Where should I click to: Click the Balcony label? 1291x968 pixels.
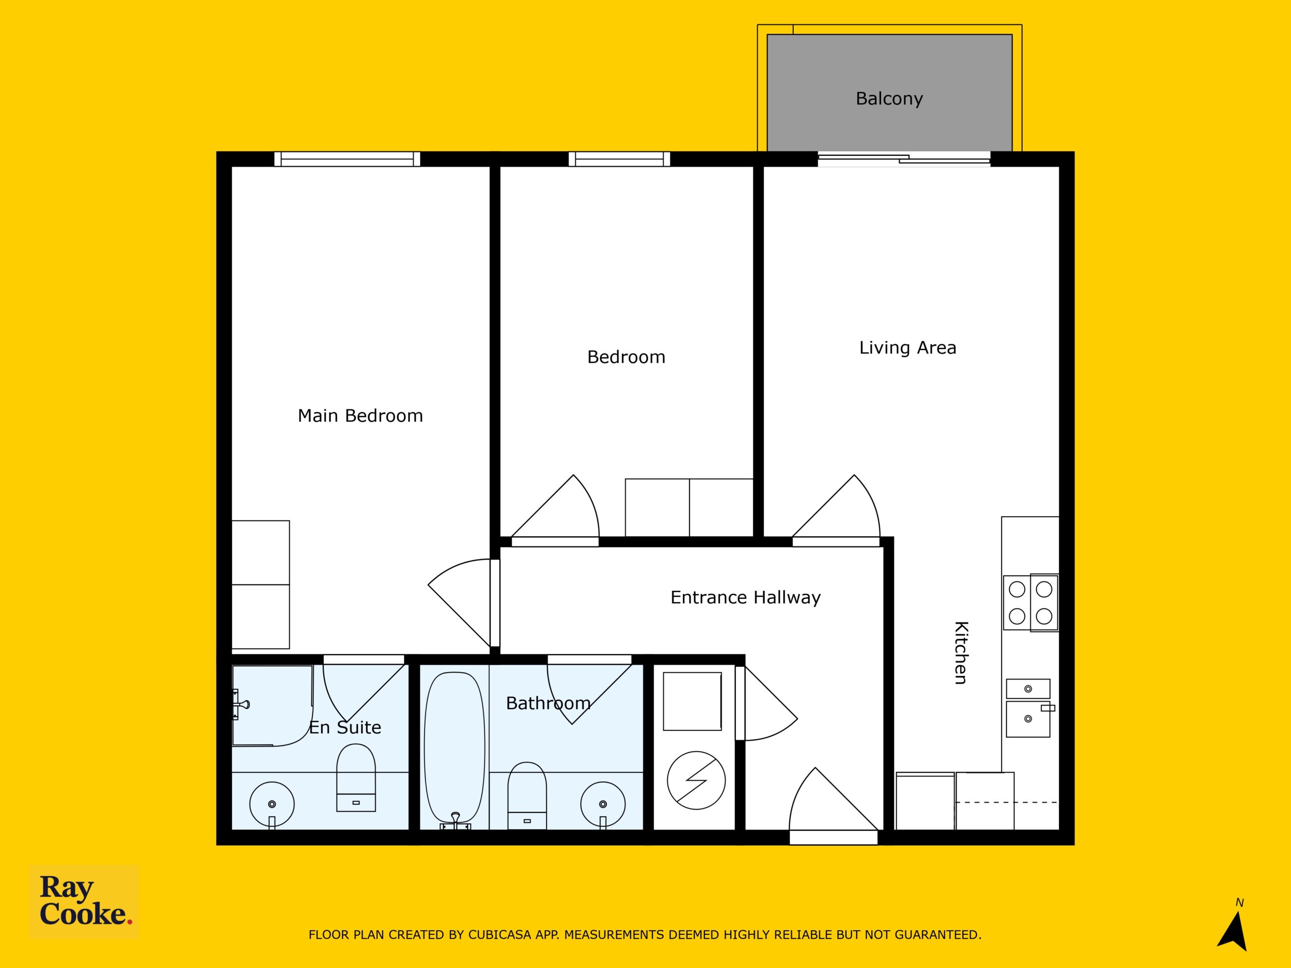(x=889, y=99)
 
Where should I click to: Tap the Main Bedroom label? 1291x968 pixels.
(x=360, y=415)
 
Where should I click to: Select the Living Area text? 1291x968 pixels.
(x=908, y=348)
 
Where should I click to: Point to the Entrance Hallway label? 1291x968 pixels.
(x=745, y=597)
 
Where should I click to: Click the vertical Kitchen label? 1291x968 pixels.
(x=961, y=652)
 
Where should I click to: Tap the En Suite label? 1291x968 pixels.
(x=345, y=728)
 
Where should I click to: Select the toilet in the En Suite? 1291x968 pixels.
(x=356, y=778)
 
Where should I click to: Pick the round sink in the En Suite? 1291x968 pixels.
(x=272, y=805)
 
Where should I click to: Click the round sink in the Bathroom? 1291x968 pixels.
(x=603, y=805)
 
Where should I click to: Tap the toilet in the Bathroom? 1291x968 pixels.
(x=527, y=795)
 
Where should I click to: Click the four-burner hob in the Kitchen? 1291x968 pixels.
(x=1031, y=603)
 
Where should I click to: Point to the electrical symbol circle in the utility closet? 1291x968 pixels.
(x=696, y=780)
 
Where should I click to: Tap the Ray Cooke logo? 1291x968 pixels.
(x=85, y=901)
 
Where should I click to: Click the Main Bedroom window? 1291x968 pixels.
(x=347, y=159)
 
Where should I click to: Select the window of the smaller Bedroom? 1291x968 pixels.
(x=619, y=159)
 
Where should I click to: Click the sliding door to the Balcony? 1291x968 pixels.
(x=904, y=159)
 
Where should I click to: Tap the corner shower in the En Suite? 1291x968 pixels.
(x=272, y=706)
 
